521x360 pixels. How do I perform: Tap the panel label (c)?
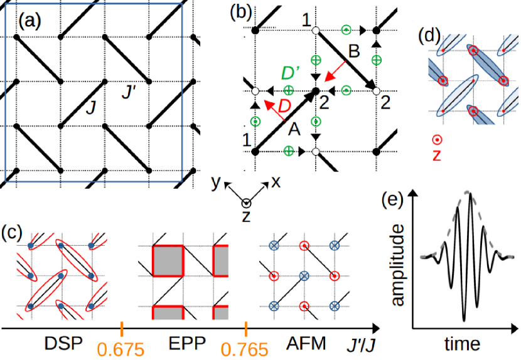(13, 232)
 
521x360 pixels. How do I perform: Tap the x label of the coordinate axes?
(275, 182)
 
